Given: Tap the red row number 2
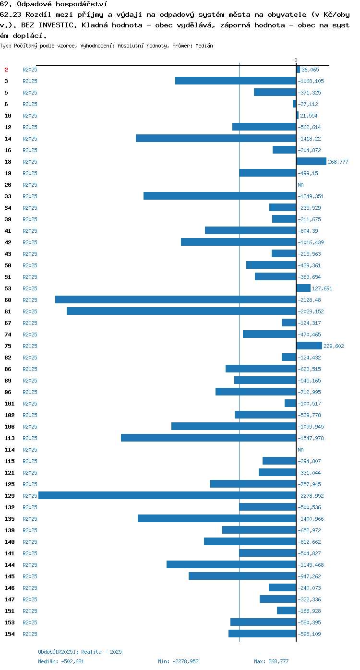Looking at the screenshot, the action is [6, 70].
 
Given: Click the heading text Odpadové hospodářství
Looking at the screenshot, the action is [62, 4].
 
